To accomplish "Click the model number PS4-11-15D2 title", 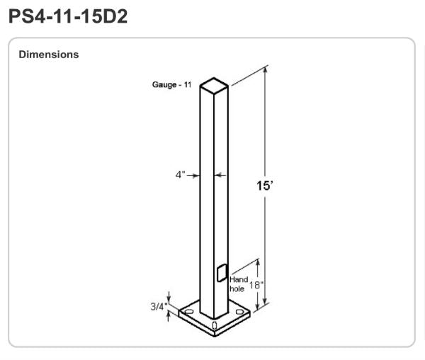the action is [68, 16].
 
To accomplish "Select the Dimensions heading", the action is [49, 55].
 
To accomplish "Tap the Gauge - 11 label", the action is [172, 84].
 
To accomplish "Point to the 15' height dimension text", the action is [264, 186].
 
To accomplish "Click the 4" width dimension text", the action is [180, 174].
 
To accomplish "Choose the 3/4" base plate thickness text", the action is [159, 306].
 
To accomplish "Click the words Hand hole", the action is [239, 284].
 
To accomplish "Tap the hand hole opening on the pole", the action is [222, 273].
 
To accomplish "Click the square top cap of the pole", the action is [214, 85].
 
